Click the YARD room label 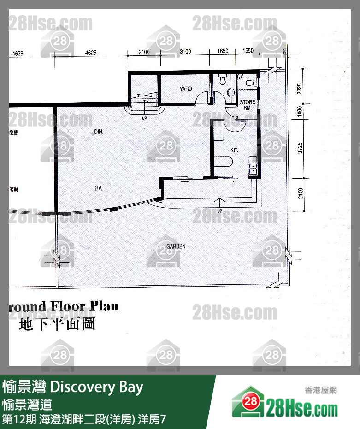[186, 89]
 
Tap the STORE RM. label [247, 105]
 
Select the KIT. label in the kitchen [234, 150]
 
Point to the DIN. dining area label [98, 131]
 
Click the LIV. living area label [98, 188]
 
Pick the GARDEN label [176, 246]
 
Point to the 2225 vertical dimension [300, 89]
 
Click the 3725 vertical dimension [300, 148]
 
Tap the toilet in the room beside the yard [222, 80]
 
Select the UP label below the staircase [145, 118]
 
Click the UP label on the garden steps [219, 211]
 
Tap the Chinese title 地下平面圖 [57, 324]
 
